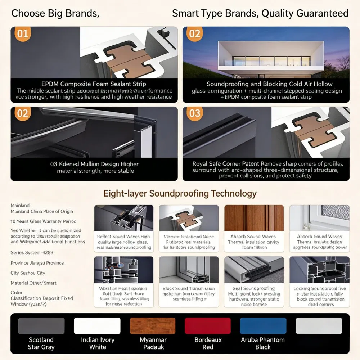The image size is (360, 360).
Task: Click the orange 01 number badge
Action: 22,34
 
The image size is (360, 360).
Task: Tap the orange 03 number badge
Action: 194,113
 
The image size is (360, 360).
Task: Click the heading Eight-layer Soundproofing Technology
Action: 180,193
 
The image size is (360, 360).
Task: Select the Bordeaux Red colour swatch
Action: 207,326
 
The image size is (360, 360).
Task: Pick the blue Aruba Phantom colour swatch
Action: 263,326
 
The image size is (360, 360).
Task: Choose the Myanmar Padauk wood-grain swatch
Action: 153,326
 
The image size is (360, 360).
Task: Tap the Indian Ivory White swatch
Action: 97,326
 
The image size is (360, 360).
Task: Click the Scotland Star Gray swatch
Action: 41,326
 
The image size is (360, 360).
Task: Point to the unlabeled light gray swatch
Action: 319,326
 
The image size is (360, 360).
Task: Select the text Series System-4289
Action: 32,253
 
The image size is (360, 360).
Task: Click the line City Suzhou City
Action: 28,273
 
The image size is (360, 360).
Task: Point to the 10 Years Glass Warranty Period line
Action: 43,221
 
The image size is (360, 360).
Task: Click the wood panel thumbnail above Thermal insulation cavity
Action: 254,218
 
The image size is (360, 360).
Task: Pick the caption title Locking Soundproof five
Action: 319,288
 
